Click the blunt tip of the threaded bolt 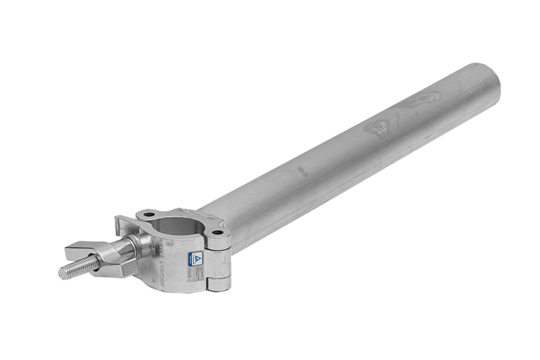pos(62,274)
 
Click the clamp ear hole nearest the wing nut pos(148,215)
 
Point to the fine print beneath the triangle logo pos(197,268)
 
